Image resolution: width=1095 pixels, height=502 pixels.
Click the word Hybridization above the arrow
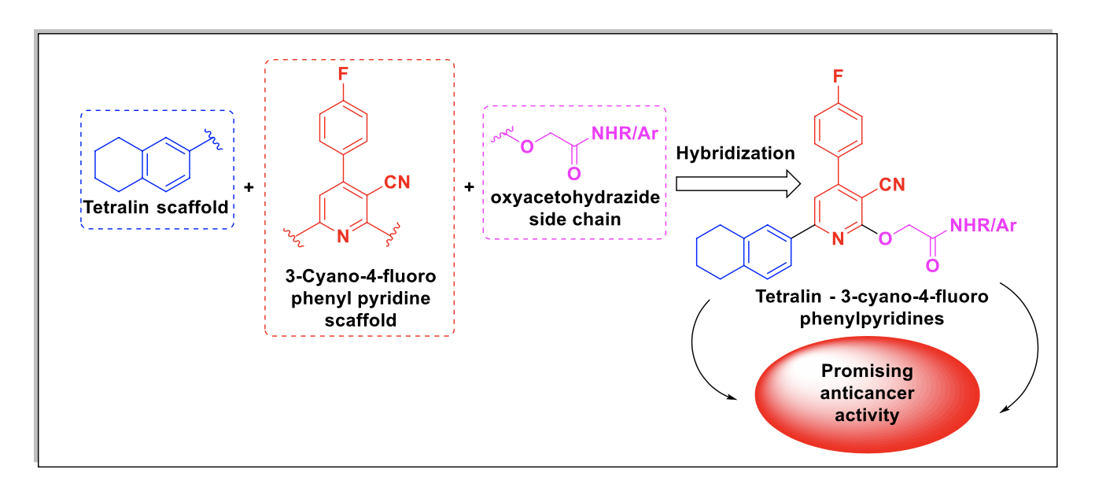pos(736,153)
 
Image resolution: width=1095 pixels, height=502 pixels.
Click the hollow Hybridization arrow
pos(738,184)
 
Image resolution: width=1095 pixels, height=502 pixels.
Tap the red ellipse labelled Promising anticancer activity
pos(867,394)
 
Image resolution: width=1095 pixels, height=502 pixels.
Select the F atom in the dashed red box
pos(343,74)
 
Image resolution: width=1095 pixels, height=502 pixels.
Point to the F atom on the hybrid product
pos(838,76)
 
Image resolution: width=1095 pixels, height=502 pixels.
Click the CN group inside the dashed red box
pos(397,183)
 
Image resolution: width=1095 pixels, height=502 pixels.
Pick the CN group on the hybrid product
pos(892,185)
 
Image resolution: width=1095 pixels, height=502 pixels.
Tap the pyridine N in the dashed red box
pos(343,237)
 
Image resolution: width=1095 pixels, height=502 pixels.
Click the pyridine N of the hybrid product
pos(838,239)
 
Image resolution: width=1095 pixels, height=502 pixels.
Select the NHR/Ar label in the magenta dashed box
pos(625,134)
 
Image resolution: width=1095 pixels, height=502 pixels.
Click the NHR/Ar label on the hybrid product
pos(983,225)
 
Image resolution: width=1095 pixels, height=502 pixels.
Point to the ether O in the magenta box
pos(527,146)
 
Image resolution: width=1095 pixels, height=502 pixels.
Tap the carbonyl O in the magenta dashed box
pos(574,174)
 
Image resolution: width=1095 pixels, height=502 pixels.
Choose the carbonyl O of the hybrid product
pos(932,266)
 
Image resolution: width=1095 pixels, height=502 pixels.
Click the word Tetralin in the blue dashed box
pos(116,207)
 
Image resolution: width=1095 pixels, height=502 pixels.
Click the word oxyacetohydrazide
pos(575,197)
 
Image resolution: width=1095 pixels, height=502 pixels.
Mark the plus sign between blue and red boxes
pos(249,187)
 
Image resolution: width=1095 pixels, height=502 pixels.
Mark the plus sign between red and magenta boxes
pos(470,186)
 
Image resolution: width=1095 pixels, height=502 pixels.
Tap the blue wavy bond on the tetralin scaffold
pos(214,140)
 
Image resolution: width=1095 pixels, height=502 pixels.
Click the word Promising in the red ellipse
pos(867,371)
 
